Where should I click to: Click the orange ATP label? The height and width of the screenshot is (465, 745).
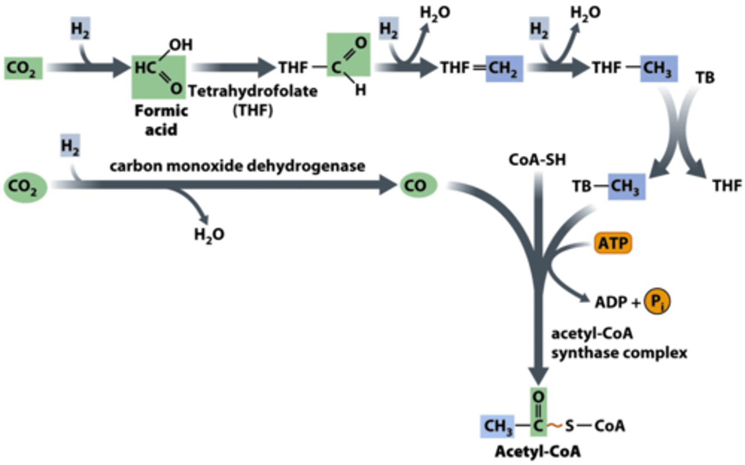point(613,243)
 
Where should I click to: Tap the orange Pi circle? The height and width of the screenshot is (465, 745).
point(657,301)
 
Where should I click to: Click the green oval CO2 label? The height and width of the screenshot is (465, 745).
point(25,187)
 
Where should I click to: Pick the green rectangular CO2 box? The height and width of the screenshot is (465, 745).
point(23,68)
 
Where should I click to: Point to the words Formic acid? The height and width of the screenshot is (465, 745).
point(161,120)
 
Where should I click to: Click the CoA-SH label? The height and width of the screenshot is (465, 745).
point(537,160)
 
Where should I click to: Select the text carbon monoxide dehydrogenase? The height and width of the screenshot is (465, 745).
point(237,166)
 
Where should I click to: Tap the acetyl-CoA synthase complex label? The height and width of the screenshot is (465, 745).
point(619,343)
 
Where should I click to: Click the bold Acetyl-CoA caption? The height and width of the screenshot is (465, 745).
point(538,452)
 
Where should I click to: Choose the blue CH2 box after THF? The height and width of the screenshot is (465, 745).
point(504,68)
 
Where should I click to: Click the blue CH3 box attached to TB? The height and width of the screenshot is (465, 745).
point(627,187)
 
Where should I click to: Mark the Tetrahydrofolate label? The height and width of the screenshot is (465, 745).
point(253,91)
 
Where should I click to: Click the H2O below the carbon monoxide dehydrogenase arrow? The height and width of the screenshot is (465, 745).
point(209,235)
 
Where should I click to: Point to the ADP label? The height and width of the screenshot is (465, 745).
point(610,302)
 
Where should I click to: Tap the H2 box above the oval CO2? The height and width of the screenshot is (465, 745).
point(70,146)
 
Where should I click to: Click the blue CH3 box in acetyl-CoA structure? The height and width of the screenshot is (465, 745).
point(498,426)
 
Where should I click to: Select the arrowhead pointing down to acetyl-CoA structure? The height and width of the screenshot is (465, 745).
point(539,376)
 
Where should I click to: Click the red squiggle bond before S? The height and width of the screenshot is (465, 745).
point(555,426)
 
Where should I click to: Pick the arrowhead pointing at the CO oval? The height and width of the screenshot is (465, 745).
point(388,185)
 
